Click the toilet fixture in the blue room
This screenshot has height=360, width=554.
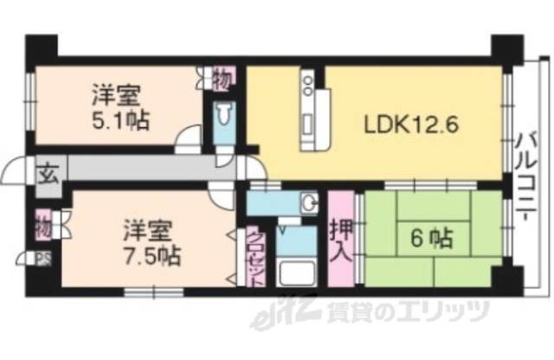223,116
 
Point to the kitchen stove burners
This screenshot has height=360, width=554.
306,85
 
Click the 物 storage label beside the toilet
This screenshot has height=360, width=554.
222,80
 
